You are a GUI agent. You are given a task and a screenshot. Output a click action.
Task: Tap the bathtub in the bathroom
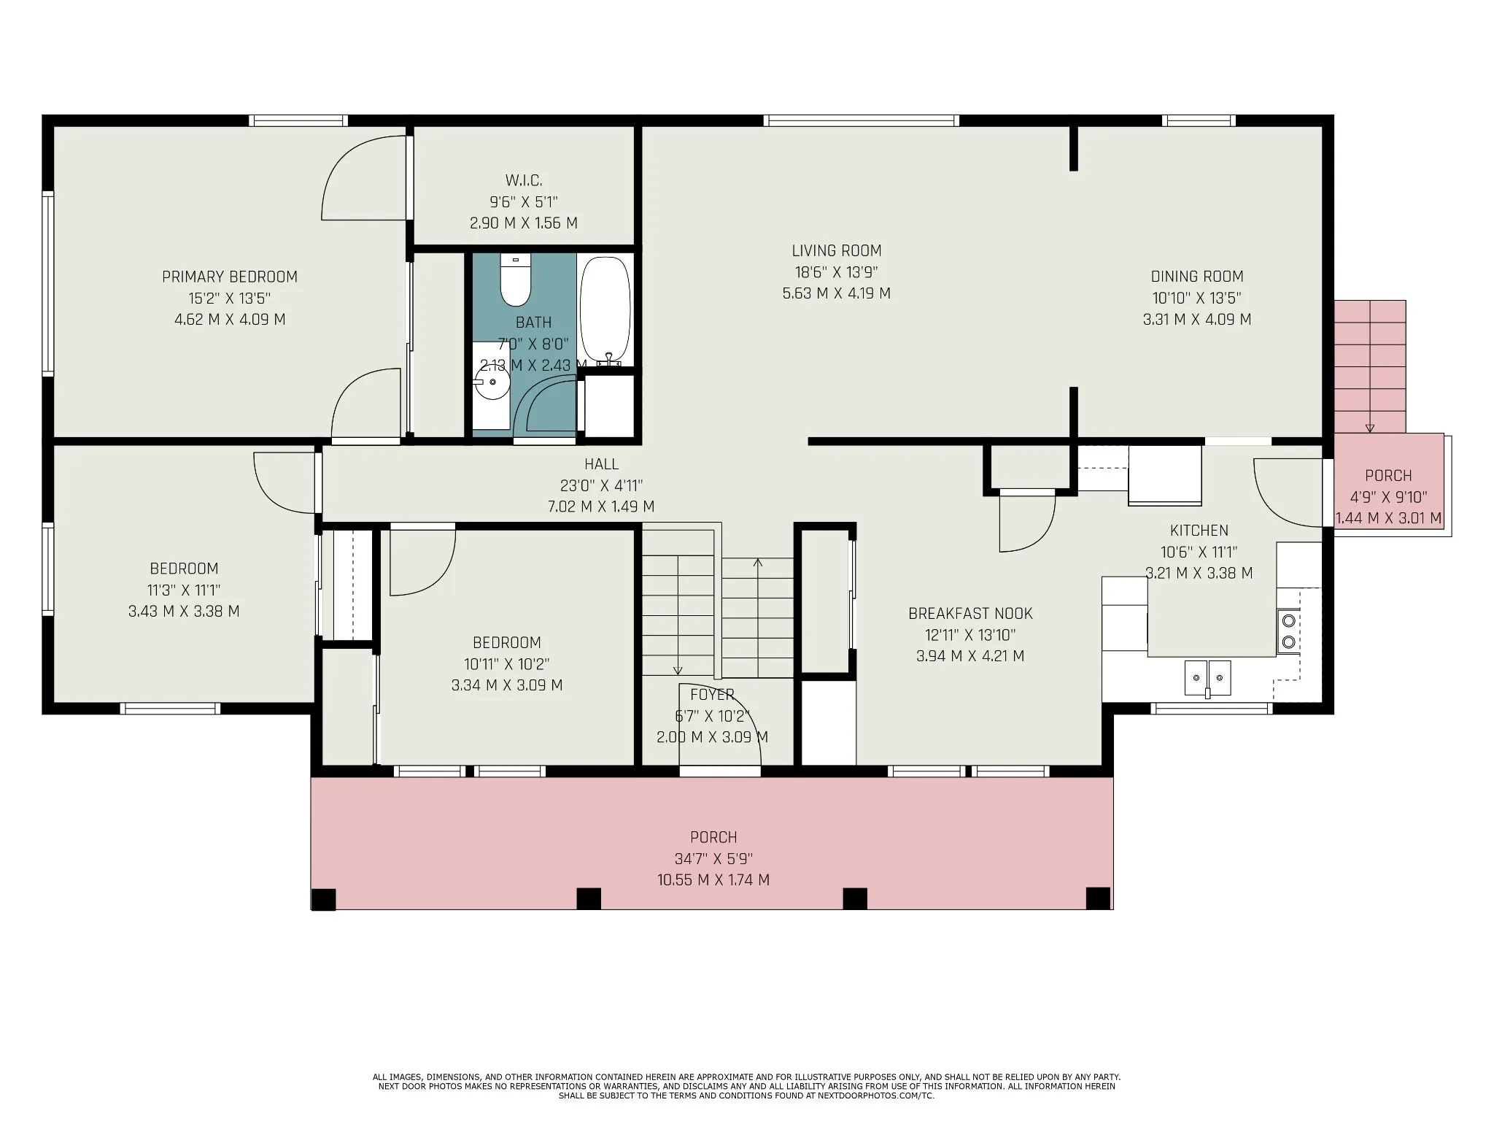click(605, 310)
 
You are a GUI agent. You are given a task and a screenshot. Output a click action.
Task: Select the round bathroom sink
click(491, 383)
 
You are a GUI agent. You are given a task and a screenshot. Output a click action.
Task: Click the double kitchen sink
click(1207, 678)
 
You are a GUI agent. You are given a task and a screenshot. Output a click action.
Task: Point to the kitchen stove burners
click(1289, 631)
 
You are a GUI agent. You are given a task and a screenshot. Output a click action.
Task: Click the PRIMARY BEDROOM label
click(230, 277)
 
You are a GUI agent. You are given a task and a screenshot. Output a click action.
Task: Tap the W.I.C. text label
click(524, 180)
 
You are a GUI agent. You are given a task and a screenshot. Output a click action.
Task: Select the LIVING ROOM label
click(837, 250)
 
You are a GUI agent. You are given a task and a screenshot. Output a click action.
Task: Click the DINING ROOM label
click(1197, 276)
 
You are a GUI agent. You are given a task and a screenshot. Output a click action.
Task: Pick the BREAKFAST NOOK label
click(970, 613)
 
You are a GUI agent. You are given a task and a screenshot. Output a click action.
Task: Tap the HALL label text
click(601, 463)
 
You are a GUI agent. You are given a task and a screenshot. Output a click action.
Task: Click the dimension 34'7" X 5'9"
click(713, 858)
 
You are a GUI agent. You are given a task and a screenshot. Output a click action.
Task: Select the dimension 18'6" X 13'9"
click(836, 272)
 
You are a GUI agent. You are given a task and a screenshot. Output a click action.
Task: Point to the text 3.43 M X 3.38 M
click(184, 611)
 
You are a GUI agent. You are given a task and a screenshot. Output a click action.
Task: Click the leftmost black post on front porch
click(324, 899)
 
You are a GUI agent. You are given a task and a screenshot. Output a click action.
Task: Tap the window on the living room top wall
click(861, 120)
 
